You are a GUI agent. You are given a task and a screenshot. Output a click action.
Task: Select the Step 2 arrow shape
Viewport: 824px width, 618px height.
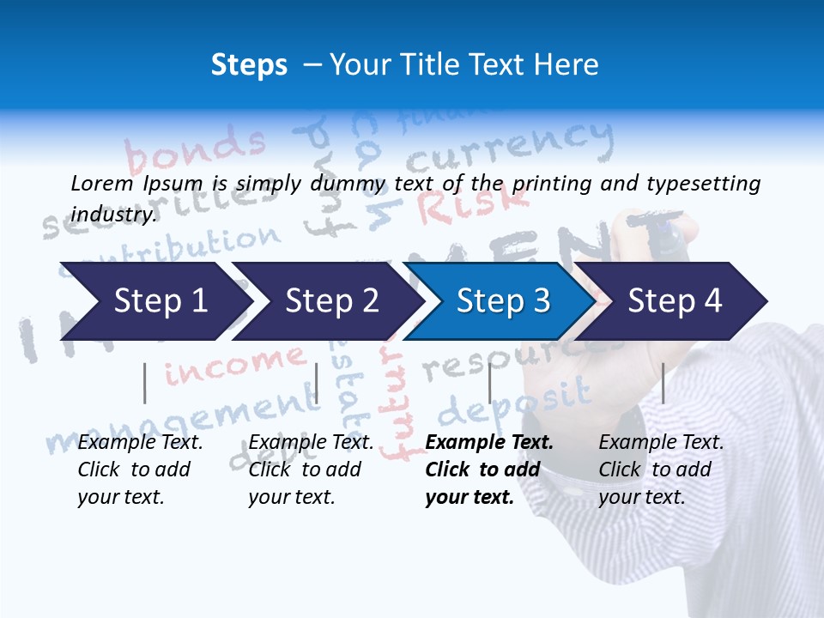point(331,301)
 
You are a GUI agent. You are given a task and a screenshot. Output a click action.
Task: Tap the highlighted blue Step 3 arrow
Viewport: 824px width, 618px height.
point(503,301)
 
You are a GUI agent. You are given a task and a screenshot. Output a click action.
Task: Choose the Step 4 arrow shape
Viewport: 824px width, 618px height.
point(675,301)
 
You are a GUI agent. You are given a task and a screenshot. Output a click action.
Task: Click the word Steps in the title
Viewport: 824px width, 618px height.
point(249,64)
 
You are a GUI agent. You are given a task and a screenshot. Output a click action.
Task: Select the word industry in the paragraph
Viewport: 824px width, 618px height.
point(113,214)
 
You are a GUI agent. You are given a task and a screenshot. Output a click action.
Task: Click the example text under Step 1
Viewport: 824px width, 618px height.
point(140,470)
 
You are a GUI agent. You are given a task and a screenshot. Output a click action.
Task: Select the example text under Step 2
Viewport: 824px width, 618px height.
point(311,470)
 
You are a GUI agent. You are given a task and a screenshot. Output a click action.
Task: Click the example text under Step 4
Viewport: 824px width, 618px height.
point(661,470)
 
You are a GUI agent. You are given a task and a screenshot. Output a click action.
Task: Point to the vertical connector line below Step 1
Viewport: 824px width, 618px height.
point(145,383)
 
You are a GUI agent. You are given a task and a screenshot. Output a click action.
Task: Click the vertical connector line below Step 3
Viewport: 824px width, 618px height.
point(489,383)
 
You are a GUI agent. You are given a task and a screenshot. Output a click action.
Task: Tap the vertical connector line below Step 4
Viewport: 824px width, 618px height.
point(663,383)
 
